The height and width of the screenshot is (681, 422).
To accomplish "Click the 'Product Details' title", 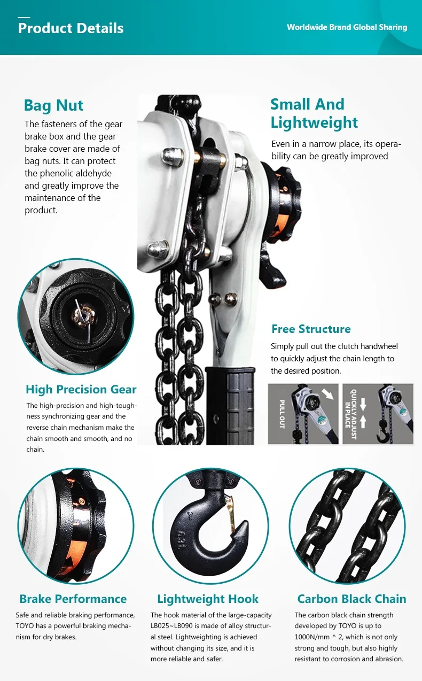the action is pos(71,28).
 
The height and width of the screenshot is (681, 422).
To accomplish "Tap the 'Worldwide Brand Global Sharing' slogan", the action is pos(347,27).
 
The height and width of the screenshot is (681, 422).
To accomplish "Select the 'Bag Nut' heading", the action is pos(53,106).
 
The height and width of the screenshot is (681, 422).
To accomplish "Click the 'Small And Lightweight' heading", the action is pos(314,113).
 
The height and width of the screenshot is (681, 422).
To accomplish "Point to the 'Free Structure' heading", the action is pos(311,329).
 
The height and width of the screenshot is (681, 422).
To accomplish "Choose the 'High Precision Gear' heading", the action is pos(81,390).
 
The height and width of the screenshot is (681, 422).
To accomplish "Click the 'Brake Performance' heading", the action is pos(73,599).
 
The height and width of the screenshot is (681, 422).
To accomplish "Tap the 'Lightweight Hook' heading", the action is pos(208,599).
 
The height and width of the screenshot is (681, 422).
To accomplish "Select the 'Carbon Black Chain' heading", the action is pos(352,599).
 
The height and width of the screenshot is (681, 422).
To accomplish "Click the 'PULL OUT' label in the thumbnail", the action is pos(282,414).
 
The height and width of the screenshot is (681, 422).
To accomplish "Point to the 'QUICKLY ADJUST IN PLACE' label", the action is pos(350,414).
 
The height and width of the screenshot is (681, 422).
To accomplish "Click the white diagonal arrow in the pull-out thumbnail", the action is pos(327,394).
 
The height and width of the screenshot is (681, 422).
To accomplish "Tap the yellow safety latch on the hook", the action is pos(231,514).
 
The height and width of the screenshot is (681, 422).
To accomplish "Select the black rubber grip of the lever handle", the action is pos(230,406).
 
